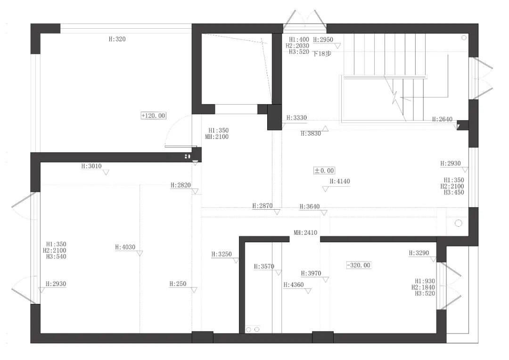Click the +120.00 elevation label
click(x=153, y=115)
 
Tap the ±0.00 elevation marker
click(x=324, y=171)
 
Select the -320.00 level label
click(x=358, y=265)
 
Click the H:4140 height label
click(x=340, y=181)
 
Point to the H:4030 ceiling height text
click(x=125, y=247)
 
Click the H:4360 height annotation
click(x=294, y=285)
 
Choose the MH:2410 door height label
click(x=305, y=233)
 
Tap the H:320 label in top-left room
click(x=117, y=40)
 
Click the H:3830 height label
click(x=311, y=134)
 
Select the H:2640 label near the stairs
click(x=443, y=119)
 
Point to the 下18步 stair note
click(x=322, y=54)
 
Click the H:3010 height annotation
click(x=91, y=166)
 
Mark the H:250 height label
click(x=178, y=284)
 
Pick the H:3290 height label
click(x=419, y=253)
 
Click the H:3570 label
click(x=264, y=266)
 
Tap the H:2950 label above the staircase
click(x=323, y=40)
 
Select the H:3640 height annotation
click(x=310, y=206)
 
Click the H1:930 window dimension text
click(x=425, y=281)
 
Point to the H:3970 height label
click(x=311, y=273)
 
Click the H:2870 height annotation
click(x=262, y=206)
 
